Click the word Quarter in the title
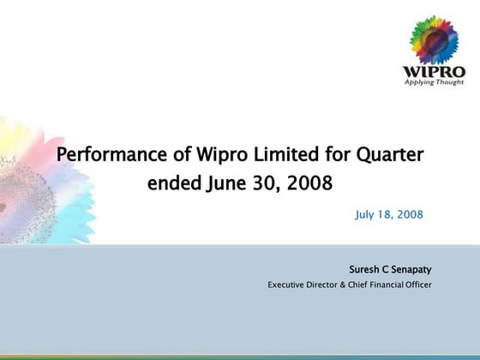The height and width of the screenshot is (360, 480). click(x=389, y=156)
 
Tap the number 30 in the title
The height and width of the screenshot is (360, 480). click(x=261, y=183)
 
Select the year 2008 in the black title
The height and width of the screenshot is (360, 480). click(x=307, y=183)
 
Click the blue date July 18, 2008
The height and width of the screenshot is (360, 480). click(x=388, y=213)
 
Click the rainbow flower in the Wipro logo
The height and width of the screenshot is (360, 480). click(x=435, y=41)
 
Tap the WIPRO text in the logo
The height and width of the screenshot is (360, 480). click(x=434, y=71)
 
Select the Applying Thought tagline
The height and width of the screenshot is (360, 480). click(x=434, y=82)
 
